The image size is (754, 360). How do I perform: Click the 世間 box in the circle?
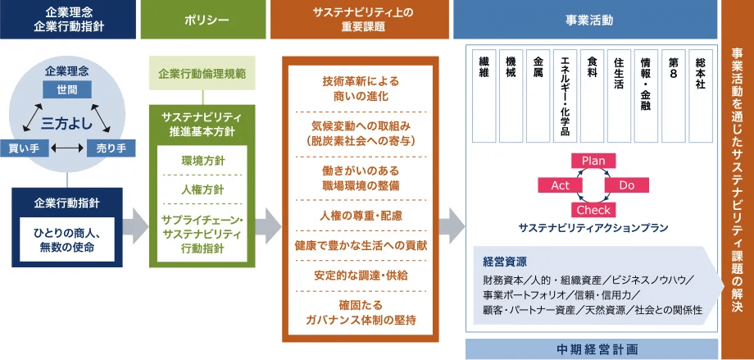(x=67, y=88)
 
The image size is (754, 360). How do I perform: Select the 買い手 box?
(x=25, y=148)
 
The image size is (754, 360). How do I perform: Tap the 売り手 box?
(x=111, y=148)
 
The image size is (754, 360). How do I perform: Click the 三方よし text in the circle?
(x=67, y=123)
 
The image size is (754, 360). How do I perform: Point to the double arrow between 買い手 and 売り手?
(x=67, y=148)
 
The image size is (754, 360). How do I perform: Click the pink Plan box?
(x=593, y=160)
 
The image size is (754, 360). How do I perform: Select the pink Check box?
(x=593, y=211)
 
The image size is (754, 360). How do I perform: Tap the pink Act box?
(x=560, y=185)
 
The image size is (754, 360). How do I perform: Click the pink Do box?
(x=627, y=185)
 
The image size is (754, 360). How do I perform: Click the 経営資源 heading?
(x=505, y=262)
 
